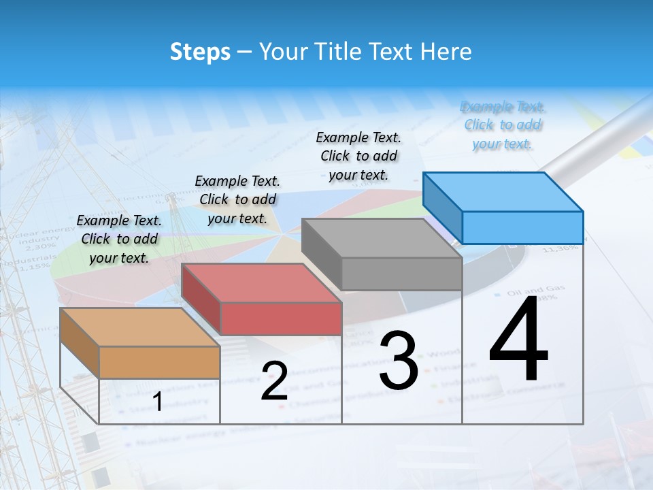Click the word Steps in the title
[x=200, y=52]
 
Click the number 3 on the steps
[x=399, y=361]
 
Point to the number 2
[x=274, y=381]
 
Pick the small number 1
[x=157, y=402]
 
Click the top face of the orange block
[x=139, y=327]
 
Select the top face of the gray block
[x=381, y=238]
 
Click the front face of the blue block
[x=522, y=227]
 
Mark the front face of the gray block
[x=401, y=274]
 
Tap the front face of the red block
[x=281, y=318]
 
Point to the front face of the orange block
[x=159, y=362]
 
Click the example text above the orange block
[x=119, y=239]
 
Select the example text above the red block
[x=237, y=199]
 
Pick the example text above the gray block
[x=358, y=156]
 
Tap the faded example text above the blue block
[x=503, y=125]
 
